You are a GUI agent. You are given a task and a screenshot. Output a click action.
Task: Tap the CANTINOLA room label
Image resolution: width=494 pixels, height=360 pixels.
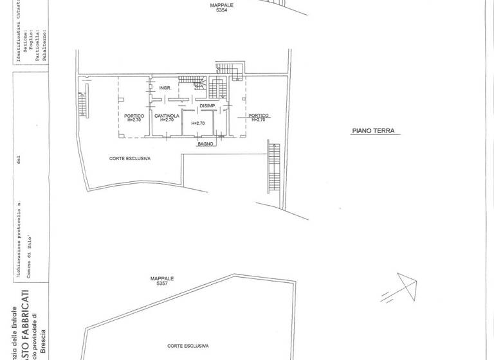[167, 116]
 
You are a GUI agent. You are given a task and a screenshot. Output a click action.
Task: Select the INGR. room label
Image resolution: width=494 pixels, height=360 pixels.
[165, 87]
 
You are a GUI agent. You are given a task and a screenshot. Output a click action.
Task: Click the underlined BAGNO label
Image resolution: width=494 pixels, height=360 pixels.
[205, 144]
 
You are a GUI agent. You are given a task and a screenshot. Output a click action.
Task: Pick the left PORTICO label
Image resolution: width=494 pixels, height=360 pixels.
[134, 116]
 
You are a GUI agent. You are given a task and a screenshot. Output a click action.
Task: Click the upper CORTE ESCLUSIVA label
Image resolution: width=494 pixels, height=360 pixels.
[130, 157]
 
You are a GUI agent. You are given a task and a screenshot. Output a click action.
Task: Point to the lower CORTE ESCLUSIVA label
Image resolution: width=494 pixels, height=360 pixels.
[187, 345]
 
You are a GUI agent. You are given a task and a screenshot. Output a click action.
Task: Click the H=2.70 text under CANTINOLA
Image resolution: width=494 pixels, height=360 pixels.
[167, 120]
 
